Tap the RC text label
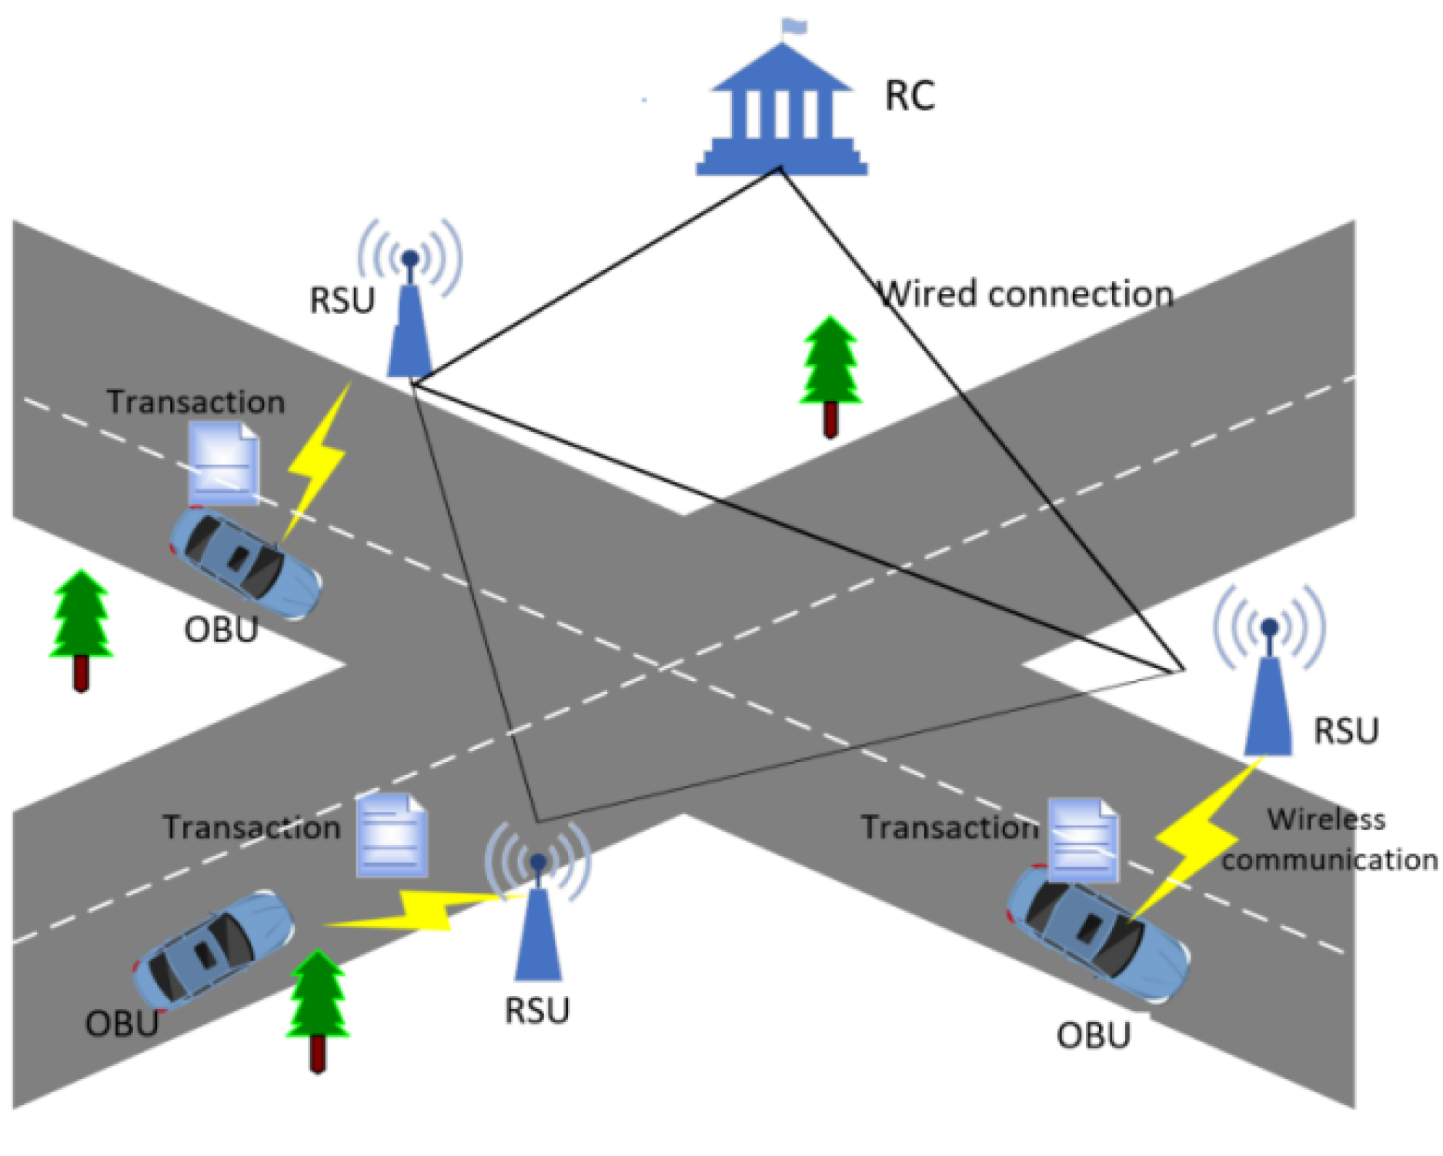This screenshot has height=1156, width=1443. click(910, 96)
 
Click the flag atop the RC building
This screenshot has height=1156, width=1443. click(793, 26)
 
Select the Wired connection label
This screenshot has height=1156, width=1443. click(1027, 294)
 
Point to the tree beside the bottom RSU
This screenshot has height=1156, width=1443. click(317, 1008)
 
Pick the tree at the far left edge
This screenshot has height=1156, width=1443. click(81, 627)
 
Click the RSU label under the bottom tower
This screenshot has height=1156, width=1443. click(537, 1011)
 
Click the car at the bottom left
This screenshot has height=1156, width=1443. click(213, 948)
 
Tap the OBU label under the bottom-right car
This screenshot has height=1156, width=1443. click(1094, 1036)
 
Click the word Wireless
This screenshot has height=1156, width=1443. click(1326, 819)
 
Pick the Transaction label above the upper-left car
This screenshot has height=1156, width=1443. click(195, 402)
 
